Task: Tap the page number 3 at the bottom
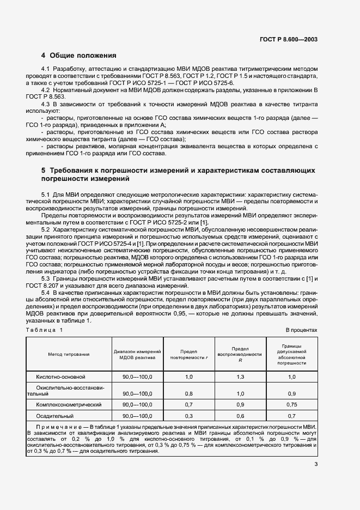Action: coord(315,464)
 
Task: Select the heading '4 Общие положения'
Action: coord(79,55)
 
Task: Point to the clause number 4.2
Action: coord(46,89)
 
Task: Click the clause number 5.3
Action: coord(46,278)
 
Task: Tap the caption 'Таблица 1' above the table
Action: coord(45,330)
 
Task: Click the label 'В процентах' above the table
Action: coord(301,330)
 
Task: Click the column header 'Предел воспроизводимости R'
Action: coord(240,354)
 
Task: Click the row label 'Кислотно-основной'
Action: coord(61,377)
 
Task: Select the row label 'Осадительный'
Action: coord(54,416)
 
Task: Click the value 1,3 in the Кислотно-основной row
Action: coord(240,377)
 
